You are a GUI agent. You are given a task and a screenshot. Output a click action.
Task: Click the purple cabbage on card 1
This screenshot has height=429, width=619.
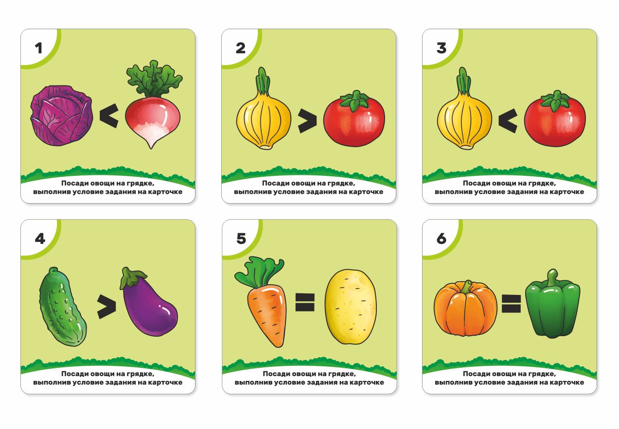(x=61, y=116)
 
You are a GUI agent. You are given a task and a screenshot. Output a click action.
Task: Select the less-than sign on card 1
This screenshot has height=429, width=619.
(x=109, y=116)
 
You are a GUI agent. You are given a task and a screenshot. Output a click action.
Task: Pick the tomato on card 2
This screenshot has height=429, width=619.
(x=354, y=119)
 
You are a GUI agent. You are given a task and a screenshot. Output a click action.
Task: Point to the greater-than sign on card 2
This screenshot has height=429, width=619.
(x=307, y=120)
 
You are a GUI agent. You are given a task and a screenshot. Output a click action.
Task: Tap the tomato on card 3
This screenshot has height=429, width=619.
(x=555, y=119)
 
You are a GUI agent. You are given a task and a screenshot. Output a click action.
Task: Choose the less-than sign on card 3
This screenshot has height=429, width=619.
(x=508, y=120)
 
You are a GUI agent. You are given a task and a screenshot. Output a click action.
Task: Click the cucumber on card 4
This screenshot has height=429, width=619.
(x=62, y=306)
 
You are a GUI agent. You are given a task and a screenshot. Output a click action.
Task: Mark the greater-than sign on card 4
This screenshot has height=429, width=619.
(x=106, y=307)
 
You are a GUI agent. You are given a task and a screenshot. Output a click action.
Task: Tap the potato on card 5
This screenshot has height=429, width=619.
(x=351, y=307)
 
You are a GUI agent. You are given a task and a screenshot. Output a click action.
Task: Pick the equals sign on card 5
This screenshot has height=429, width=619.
(x=305, y=302)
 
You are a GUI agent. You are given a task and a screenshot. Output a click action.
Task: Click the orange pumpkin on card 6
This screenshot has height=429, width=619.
(x=465, y=308)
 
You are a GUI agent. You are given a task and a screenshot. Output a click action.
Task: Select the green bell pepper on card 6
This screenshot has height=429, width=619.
(x=553, y=304)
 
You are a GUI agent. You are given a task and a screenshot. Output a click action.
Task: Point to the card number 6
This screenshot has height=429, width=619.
(x=442, y=238)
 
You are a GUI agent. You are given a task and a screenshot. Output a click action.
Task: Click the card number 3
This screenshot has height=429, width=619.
(x=442, y=48)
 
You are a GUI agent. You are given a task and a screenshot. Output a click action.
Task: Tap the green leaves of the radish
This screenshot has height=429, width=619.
(x=154, y=79)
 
